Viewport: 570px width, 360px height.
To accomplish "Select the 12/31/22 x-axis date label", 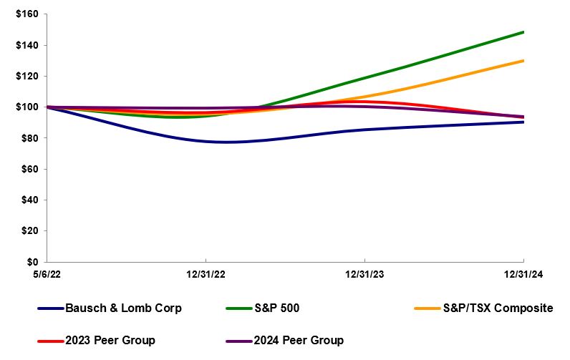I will point(206,274).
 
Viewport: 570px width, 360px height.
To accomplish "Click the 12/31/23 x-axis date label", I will point(365,274).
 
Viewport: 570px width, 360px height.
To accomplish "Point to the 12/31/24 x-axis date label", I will point(523,274).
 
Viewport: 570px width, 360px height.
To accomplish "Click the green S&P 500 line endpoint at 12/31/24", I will point(523,32).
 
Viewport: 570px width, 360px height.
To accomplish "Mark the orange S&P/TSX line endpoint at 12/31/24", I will point(523,61).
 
